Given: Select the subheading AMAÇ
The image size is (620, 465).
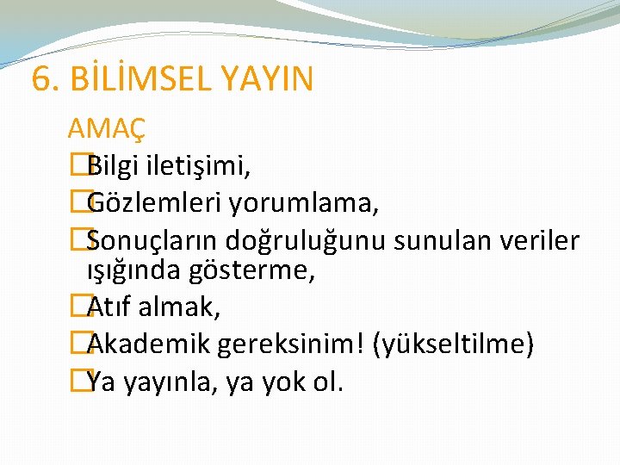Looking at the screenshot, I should click(106, 129).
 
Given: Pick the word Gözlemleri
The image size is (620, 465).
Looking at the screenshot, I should click(155, 203).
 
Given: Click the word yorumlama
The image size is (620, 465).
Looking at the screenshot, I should click(305, 203).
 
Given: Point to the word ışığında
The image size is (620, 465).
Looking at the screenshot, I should click(131, 270).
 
